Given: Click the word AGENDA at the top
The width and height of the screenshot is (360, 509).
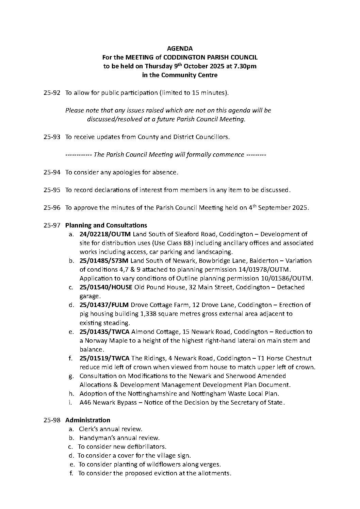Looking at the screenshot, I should (180, 49).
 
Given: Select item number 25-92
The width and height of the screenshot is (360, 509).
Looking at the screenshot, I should (52, 93).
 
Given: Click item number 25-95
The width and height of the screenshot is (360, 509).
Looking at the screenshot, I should (52, 190).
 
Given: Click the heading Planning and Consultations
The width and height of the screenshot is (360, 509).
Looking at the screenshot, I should (106, 225).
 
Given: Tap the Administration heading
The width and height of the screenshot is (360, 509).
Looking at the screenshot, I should (88, 420).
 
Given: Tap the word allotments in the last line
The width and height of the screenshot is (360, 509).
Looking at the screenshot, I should (216, 473).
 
